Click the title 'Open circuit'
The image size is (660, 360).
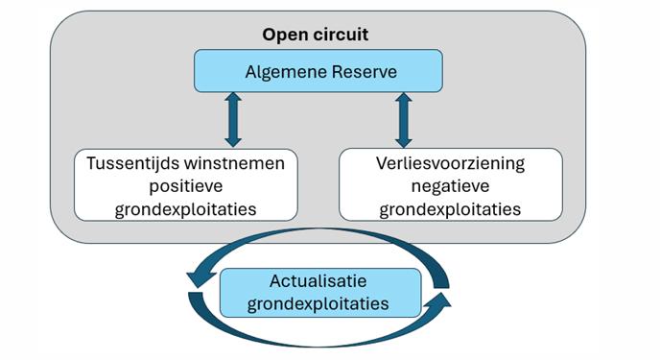click(316, 35)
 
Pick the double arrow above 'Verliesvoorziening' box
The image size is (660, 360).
click(403, 118)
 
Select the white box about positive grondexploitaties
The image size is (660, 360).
click(185, 183)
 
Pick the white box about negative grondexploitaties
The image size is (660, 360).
click(450, 183)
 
